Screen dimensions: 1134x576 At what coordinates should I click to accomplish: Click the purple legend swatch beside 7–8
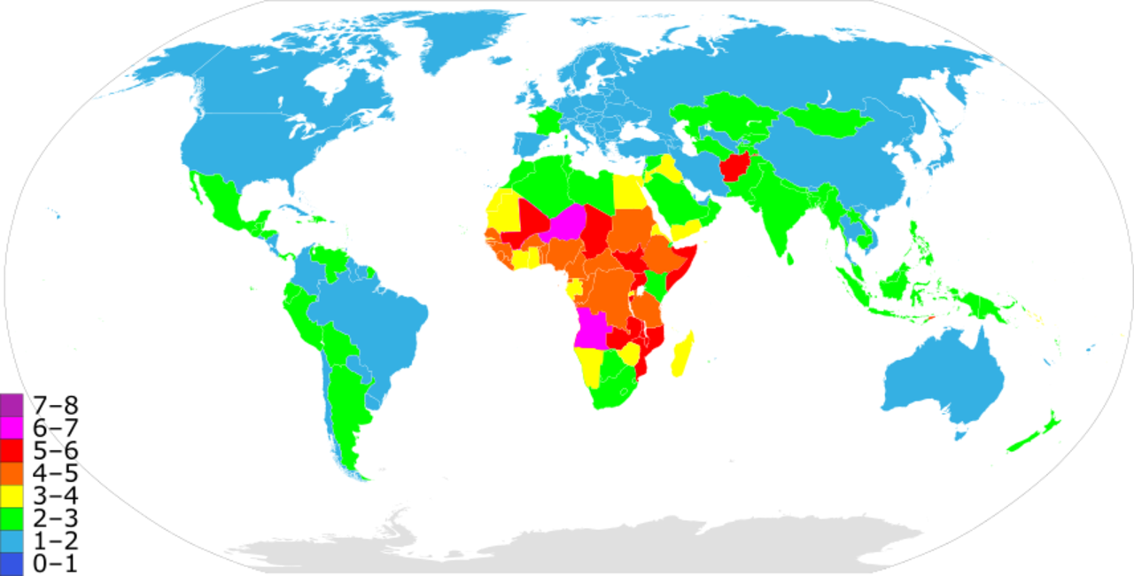12,405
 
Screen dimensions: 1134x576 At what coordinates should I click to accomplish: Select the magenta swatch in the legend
12,427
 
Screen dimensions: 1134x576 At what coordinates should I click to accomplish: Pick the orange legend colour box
12,473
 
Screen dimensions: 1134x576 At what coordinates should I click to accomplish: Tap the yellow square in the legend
12,495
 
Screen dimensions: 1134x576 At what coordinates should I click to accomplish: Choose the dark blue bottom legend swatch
12,564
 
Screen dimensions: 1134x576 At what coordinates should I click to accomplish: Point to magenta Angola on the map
590,329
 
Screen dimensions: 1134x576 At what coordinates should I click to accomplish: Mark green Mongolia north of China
825,119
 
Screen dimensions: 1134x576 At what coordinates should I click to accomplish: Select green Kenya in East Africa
656,285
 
